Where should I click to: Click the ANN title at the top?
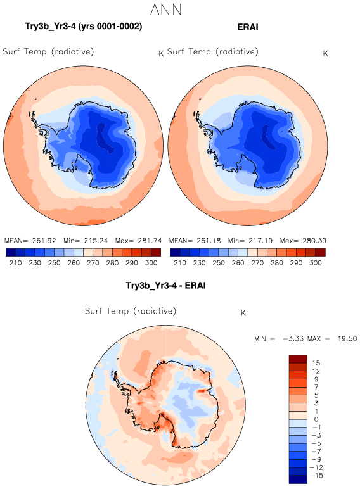click(165, 10)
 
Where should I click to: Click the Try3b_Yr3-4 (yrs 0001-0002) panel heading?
click(83, 26)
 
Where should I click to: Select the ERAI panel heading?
click(248, 27)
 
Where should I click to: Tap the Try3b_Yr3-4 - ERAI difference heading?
click(165, 285)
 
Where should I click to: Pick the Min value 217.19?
click(260, 241)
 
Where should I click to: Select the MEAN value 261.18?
click(209, 241)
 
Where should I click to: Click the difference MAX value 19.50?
click(347, 339)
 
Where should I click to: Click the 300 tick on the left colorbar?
click(151, 263)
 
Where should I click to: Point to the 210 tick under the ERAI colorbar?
click(180, 263)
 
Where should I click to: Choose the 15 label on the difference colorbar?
click(316, 363)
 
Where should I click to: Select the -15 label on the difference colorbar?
click(318, 476)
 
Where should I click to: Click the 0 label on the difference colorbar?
click(316, 419)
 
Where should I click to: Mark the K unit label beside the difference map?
click(243, 313)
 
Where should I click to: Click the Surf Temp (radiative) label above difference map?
click(131, 311)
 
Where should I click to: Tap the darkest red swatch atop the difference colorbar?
click(299, 359)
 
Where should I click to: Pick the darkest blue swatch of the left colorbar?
click(11, 252)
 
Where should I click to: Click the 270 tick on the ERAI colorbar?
click(257, 263)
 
